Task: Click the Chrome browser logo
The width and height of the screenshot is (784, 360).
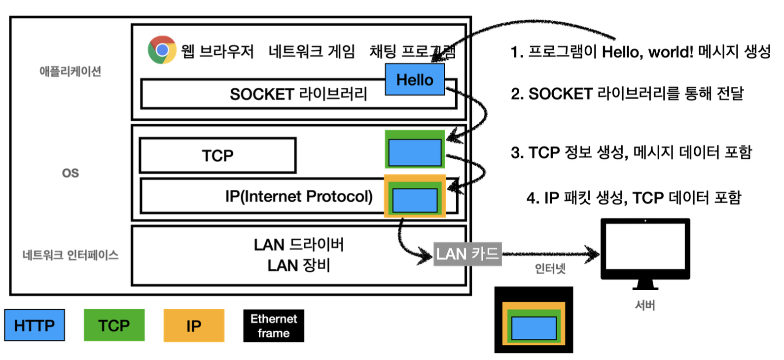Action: [x=162, y=50]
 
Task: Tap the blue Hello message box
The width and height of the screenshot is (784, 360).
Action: [x=415, y=79]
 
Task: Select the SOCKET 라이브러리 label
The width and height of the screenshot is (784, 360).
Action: [x=298, y=94]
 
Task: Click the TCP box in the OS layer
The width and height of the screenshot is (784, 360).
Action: [x=217, y=155]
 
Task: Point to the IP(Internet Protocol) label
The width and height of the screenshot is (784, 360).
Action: [x=299, y=196]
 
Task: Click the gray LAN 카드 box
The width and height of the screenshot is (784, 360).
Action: [x=467, y=254]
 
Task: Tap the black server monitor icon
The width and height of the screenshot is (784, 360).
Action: [x=645, y=251]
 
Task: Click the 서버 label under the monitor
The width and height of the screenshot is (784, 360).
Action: [x=645, y=305]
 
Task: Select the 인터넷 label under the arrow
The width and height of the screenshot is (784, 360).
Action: [x=550, y=269]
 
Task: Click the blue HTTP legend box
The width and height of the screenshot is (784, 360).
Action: [x=35, y=325]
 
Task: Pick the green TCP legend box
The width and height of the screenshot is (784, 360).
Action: [x=114, y=325]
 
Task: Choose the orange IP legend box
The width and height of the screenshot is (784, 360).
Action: [x=194, y=325]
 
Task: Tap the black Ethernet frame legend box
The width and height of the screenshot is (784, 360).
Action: [x=274, y=325]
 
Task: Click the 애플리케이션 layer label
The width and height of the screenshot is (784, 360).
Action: [x=71, y=72]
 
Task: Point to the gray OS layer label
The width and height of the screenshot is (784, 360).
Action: [x=71, y=173]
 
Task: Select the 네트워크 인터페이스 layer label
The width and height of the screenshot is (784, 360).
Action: [x=71, y=255]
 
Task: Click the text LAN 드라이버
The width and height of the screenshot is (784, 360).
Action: [x=299, y=245]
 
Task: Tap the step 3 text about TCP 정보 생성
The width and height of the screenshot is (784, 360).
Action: [x=631, y=152]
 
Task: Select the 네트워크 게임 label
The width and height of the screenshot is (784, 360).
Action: [x=312, y=51]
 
